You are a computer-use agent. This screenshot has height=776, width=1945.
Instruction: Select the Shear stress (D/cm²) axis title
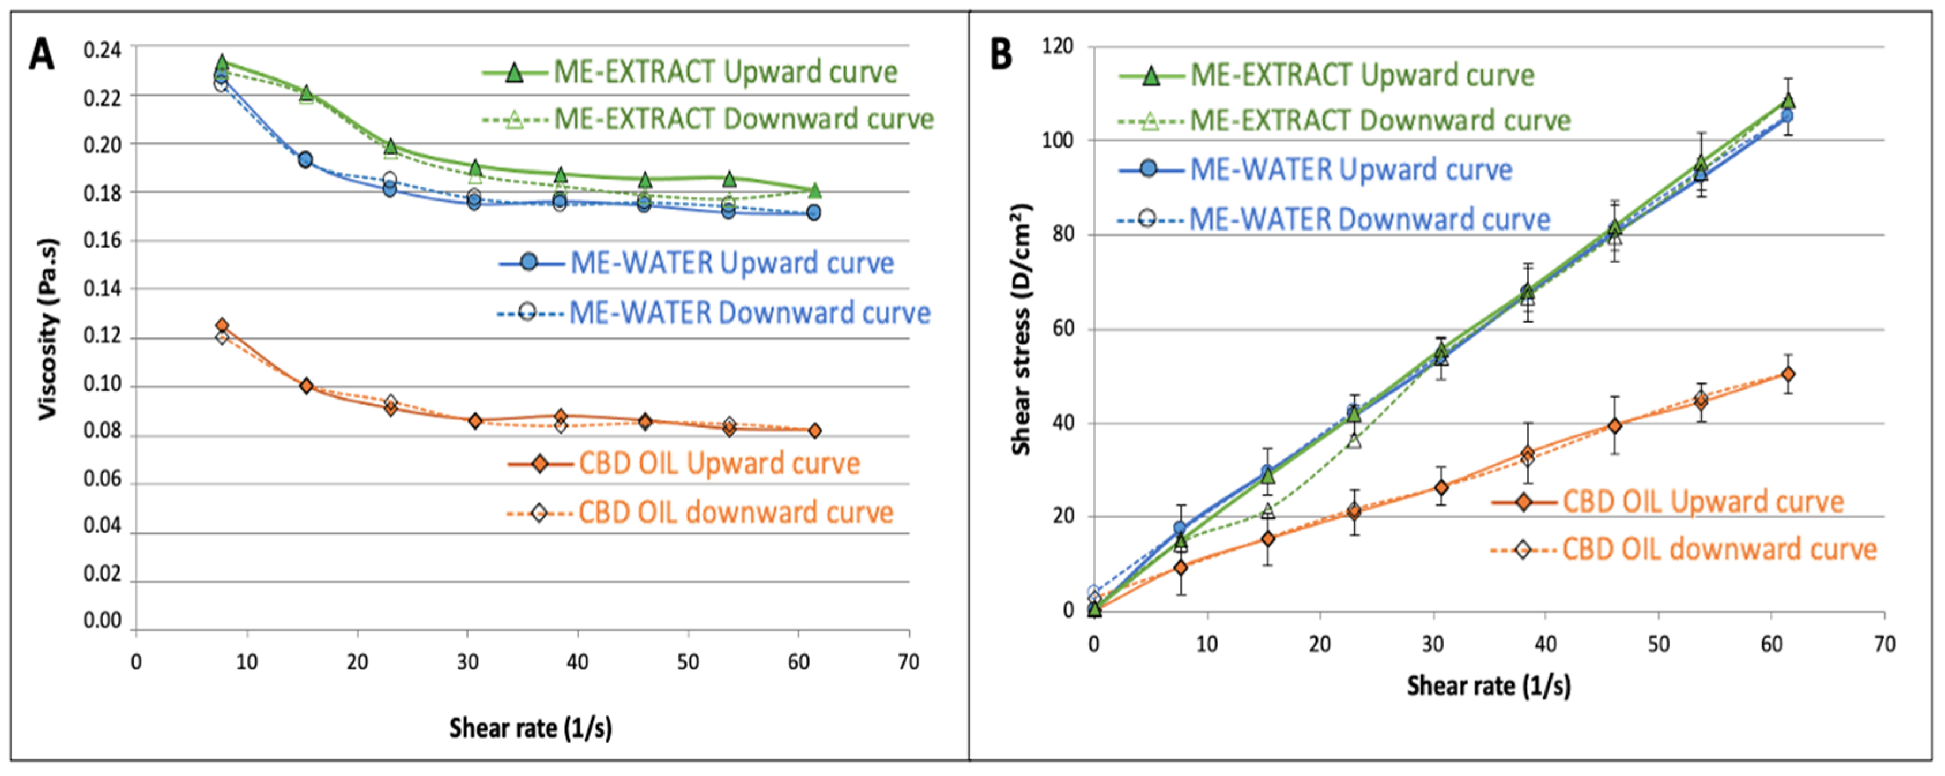1021,329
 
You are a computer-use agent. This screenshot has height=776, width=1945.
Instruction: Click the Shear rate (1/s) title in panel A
530,728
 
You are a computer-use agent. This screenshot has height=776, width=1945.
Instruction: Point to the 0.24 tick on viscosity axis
102,50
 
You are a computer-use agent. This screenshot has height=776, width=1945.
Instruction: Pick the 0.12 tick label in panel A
102,336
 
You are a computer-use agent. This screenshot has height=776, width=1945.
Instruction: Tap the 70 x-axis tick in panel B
1884,644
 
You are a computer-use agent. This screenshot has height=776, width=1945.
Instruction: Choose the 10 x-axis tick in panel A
246,662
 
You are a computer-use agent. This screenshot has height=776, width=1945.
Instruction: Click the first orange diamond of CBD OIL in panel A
222,326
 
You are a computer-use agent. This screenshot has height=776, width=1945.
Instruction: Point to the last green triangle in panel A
814,190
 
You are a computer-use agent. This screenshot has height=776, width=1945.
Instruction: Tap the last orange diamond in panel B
1787,374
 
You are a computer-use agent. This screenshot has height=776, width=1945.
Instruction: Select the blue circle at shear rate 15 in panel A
305,160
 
